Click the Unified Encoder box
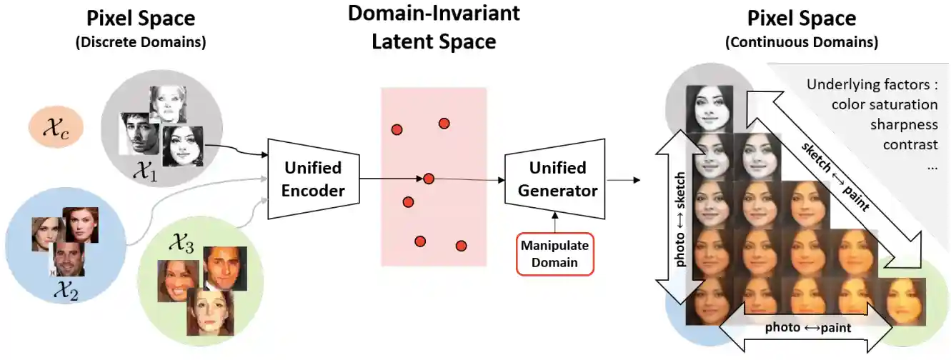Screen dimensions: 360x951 pyautogui.click(x=314, y=179)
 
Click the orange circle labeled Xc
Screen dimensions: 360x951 pyautogui.click(x=56, y=129)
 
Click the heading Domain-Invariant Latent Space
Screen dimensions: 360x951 pyautogui.click(x=434, y=27)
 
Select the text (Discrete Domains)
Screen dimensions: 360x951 pyautogui.click(x=140, y=42)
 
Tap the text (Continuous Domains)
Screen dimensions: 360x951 pyautogui.click(x=801, y=42)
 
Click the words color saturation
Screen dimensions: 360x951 pyautogui.click(x=885, y=104)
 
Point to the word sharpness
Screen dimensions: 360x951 pyautogui.click(x=903, y=124)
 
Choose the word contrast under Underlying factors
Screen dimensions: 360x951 pyautogui.click(x=910, y=144)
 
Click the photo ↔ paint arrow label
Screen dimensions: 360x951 pyautogui.click(x=807, y=328)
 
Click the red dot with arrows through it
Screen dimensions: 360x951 pyautogui.click(x=428, y=179)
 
